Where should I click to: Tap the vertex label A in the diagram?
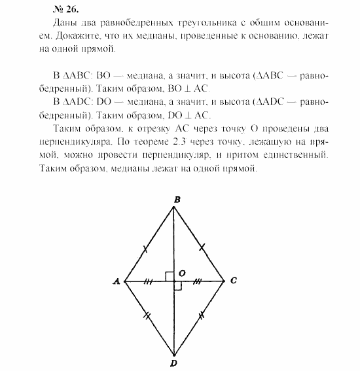[116, 281]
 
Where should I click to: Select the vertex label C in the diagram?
[233, 281]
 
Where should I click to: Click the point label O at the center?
[183, 272]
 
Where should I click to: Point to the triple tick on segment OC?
[200, 281]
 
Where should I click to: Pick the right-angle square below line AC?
[178, 285]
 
